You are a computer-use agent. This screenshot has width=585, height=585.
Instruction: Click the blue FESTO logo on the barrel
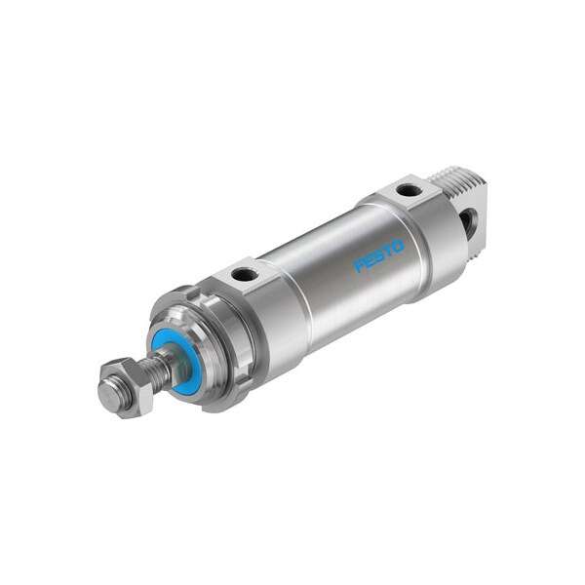(x=378, y=256)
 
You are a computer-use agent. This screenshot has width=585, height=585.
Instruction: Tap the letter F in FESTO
(x=360, y=265)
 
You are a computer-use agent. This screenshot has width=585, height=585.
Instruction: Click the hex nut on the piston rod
(x=125, y=387)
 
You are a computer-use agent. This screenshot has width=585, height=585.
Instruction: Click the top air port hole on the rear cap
(x=409, y=189)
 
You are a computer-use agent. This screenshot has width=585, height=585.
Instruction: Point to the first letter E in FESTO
(x=369, y=261)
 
